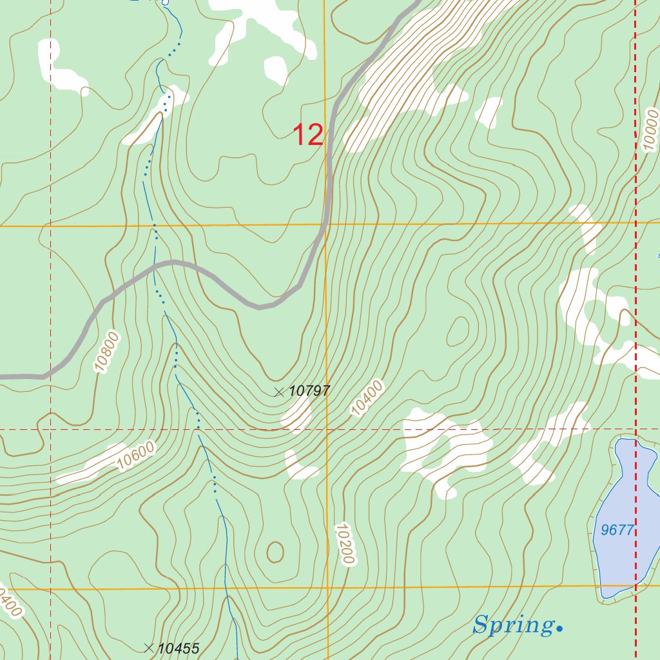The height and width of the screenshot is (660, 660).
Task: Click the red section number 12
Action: pyautogui.click(x=308, y=135)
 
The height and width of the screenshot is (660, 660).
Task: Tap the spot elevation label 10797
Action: pyautogui.click(x=309, y=391)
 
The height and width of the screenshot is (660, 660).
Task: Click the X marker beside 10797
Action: pyautogui.click(x=279, y=391)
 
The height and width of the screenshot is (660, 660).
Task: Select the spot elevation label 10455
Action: pyautogui.click(x=179, y=648)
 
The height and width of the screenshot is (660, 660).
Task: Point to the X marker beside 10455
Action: pyautogui.click(x=149, y=648)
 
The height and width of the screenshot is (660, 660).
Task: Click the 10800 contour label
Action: pyautogui.click(x=107, y=351)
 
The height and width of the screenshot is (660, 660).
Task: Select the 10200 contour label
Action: pyautogui.click(x=345, y=544)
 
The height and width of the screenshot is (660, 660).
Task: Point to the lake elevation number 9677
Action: pyautogui.click(x=617, y=530)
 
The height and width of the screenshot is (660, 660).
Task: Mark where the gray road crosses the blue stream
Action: pyautogui.click(x=155, y=267)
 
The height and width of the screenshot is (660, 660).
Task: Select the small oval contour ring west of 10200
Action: pyautogui.click(x=275, y=552)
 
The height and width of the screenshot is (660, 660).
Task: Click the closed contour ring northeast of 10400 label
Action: pyautogui.click(x=458, y=331)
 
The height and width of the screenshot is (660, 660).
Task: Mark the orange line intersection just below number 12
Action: pyautogui.click(x=325, y=226)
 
